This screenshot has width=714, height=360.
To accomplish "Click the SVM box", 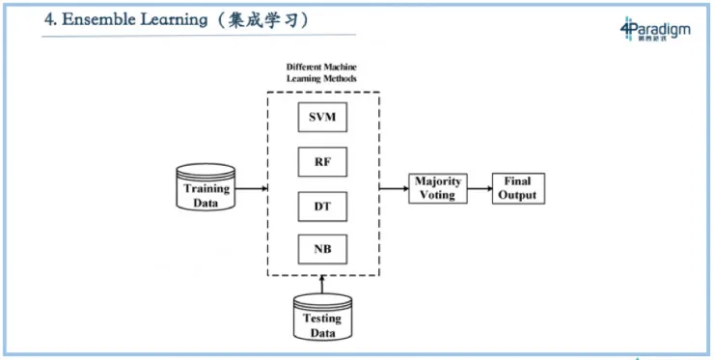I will [322, 120].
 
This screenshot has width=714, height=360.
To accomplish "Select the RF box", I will [322, 163].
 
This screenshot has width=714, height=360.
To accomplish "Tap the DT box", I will [322, 207].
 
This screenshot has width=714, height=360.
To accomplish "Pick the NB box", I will [322, 250].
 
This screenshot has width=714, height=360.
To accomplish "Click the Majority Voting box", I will [439, 187].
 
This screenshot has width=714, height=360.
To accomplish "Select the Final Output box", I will [518, 187].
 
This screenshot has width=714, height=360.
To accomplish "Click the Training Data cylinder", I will [206, 187].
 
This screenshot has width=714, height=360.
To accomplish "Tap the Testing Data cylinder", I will [322, 318].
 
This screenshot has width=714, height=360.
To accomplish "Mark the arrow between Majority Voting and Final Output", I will [480, 187].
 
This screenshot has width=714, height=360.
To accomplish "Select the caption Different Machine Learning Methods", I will [322, 72].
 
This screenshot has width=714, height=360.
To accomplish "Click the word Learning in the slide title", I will [189, 20].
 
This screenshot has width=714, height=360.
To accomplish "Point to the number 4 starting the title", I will [49, 20].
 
